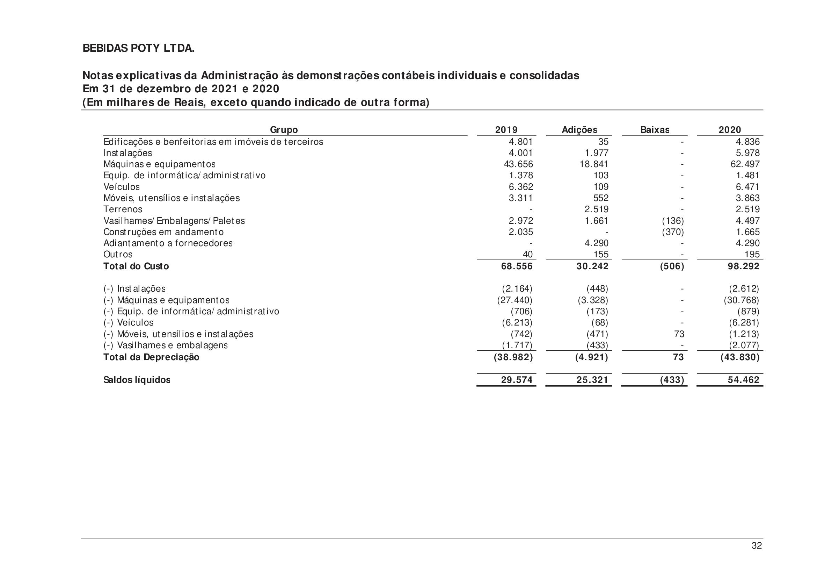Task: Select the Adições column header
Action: pyautogui.click(x=579, y=130)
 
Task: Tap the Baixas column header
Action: pyautogui.click(x=655, y=130)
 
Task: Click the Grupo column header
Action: pyautogui.click(x=284, y=130)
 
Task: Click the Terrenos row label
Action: pyautogui.click(x=123, y=209)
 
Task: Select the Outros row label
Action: pyautogui.click(x=118, y=255)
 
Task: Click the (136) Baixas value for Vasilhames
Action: pyautogui.click(x=672, y=221)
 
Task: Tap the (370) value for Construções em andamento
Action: pyautogui.click(x=672, y=232)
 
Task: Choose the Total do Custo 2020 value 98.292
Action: pyautogui.click(x=743, y=266)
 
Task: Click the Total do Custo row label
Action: pyautogui.click(x=136, y=266)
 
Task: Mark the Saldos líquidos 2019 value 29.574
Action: pyautogui.click(x=517, y=380)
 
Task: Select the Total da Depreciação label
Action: pyautogui.click(x=151, y=357)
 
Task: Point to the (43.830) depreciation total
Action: pyautogui.click(x=740, y=357)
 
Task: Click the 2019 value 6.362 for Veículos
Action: pyautogui.click(x=520, y=187)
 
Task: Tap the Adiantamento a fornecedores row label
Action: pyautogui.click(x=168, y=244)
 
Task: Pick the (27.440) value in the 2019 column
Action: pyautogui.click(x=515, y=300)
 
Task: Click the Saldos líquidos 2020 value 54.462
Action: pyautogui.click(x=743, y=380)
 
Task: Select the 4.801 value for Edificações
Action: pyautogui.click(x=520, y=142)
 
